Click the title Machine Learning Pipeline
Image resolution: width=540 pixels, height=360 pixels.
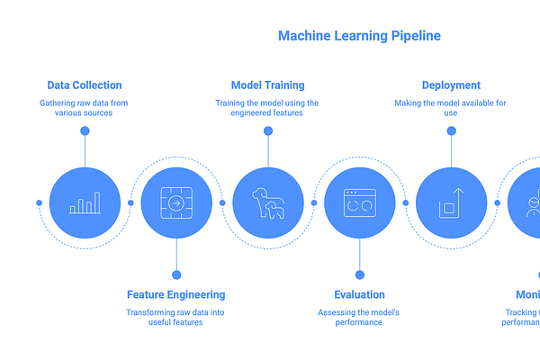359,36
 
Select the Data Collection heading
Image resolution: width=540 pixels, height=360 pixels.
85,85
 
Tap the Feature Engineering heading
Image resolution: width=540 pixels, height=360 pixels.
176,294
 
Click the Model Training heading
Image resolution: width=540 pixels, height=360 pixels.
267,85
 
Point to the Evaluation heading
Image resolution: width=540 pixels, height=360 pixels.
359,294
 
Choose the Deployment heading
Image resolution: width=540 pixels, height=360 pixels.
451,85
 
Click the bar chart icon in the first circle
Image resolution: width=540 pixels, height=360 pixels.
85,204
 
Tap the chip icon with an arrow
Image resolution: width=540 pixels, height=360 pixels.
176,203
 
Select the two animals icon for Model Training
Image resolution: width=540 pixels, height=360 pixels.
267,204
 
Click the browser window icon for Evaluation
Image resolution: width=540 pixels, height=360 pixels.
359,203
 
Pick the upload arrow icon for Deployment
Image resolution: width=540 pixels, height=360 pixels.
451,203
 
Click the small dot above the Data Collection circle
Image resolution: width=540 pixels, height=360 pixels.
85,131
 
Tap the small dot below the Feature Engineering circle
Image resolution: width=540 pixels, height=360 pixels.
176,274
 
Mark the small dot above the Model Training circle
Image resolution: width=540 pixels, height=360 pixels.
267,131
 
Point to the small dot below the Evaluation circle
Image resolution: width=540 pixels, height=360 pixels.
359,274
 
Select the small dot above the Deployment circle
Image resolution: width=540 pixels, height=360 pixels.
451,131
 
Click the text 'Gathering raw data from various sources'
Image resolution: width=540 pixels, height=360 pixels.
85,109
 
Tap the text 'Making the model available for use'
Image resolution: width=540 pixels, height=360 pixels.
451,109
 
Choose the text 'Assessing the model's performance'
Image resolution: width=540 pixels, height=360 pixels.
359,317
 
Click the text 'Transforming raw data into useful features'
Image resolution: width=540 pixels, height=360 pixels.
176,317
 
